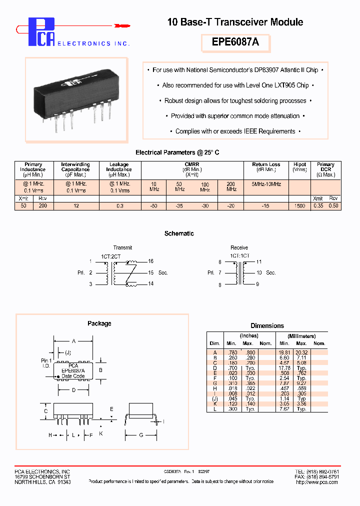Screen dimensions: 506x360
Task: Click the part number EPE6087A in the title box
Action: point(235,42)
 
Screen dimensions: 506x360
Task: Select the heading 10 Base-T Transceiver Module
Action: point(235,22)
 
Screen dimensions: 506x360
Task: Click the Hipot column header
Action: point(299,164)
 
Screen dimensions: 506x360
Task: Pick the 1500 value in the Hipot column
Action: point(299,206)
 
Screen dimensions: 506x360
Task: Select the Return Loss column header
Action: point(266,164)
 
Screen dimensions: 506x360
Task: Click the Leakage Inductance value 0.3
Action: point(120,206)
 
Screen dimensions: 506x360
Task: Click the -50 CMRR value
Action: point(154,206)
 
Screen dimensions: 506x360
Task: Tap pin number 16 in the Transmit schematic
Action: point(151,261)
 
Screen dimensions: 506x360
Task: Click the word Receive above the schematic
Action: point(239,247)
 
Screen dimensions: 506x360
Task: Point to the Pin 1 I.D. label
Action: point(46,362)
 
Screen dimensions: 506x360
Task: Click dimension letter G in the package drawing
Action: point(141,435)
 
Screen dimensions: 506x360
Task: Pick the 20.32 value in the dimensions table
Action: point(301,352)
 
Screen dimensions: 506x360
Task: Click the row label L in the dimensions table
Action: point(214,409)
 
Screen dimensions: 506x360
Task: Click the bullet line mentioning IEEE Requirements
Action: point(235,131)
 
